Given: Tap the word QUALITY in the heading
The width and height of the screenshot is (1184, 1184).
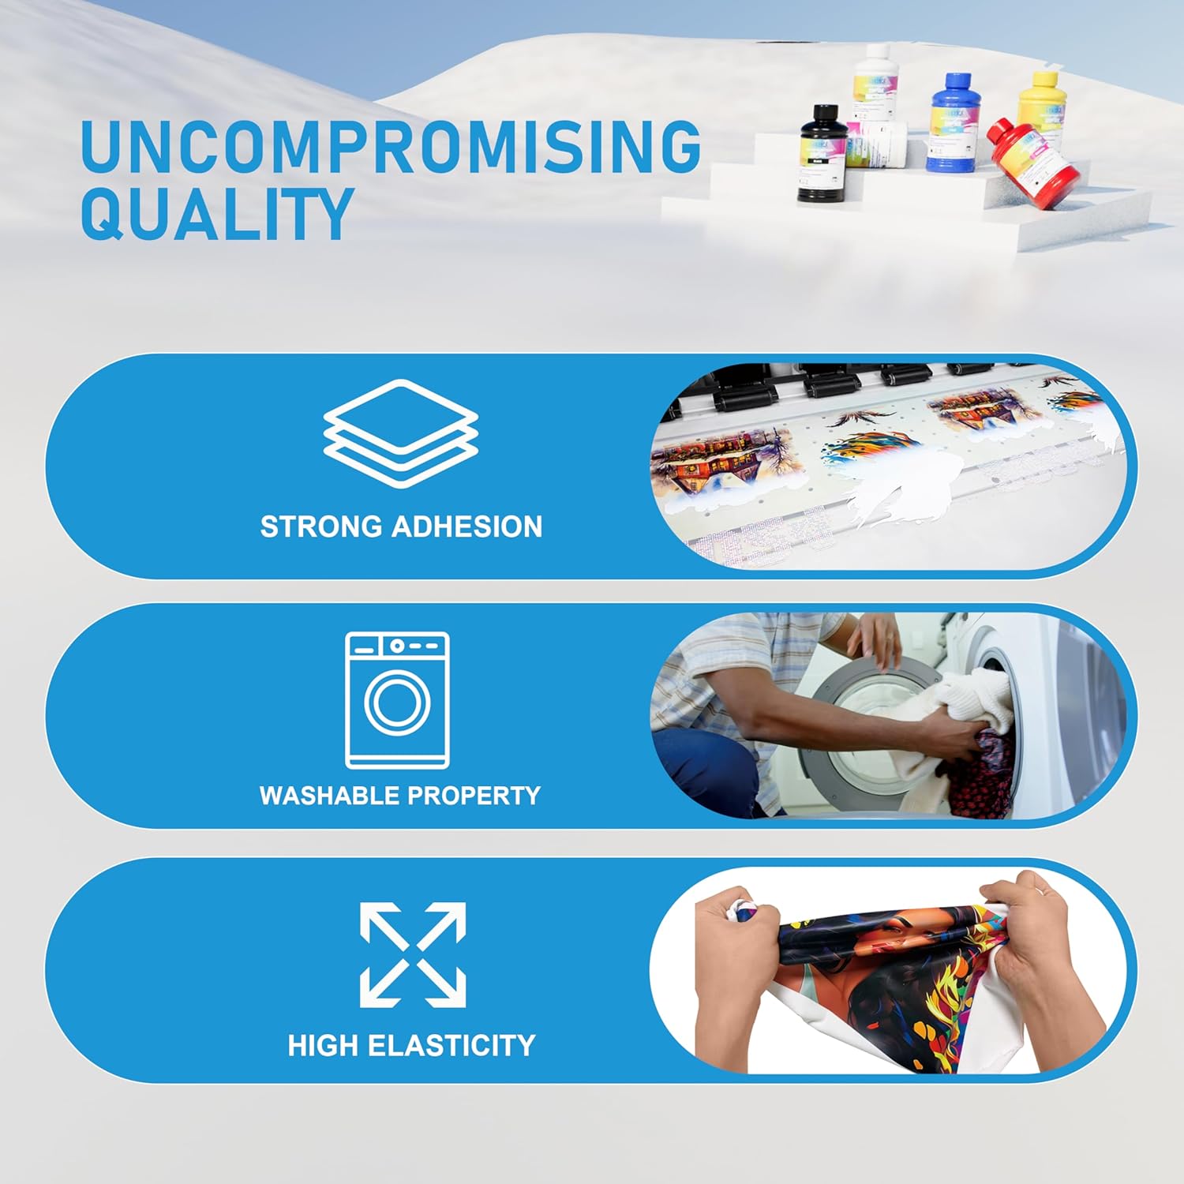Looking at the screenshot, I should click(x=216, y=214).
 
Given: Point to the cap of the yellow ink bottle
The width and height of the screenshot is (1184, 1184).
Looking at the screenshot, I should click(x=1045, y=79).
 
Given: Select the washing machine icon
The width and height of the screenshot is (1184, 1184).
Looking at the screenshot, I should click(x=397, y=700).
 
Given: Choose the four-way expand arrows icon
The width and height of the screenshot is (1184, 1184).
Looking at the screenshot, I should click(x=413, y=955).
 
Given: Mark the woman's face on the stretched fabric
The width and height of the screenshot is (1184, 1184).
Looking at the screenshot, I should click(x=888, y=939).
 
